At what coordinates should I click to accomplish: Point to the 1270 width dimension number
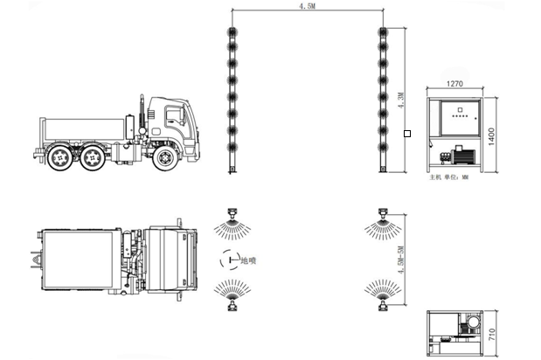pyautogui.click(x=454, y=85)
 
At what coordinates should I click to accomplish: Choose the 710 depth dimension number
pyautogui.click(x=491, y=333)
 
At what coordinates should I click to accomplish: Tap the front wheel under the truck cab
pyautogui.click(x=163, y=158)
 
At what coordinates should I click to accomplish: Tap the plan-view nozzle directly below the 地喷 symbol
pyautogui.click(x=232, y=303)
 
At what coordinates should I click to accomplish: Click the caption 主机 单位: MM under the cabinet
pyautogui.click(x=448, y=177)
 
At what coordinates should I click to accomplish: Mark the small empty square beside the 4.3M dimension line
pyautogui.click(x=406, y=134)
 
